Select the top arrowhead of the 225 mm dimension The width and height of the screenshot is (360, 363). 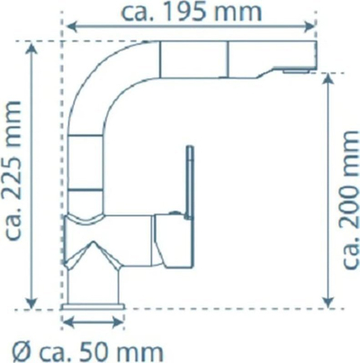tap(31, 49)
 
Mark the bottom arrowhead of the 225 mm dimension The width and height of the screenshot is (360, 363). tap(31, 302)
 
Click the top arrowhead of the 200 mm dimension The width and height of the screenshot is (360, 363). tap(329, 79)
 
